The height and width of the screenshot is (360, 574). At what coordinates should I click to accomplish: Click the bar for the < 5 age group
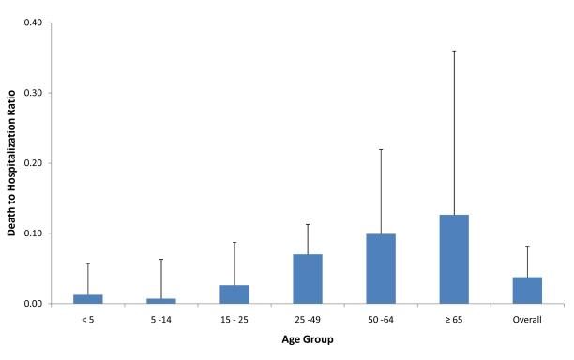pyautogui.click(x=88, y=299)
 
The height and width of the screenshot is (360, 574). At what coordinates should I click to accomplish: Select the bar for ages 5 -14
pyautogui.click(x=161, y=301)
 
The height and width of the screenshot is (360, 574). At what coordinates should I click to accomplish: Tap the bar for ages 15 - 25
pyautogui.click(x=234, y=294)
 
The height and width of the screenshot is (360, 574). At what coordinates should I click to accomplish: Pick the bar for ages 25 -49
pyautogui.click(x=308, y=278)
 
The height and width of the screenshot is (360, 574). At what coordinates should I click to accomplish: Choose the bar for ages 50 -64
pyautogui.click(x=381, y=268)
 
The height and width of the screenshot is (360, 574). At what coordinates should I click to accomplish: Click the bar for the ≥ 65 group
pyautogui.click(x=454, y=259)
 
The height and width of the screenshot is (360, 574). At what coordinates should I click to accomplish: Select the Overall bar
pyautogui.click(x=527, y=290)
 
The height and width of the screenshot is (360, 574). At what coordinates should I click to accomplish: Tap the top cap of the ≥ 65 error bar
pyautogui.click(x=454, y=51)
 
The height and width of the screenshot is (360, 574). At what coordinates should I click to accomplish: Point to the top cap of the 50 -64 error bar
pyautogui.click(x=381, y=149)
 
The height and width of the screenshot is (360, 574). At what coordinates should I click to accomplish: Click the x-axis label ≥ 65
pyautogui.click(x=454, y=319)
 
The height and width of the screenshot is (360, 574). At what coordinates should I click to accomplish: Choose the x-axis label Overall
pyautogui.click(x=527, y=319)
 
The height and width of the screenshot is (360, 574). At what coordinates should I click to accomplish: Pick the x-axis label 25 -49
pyautogui.click(x=308, y=319)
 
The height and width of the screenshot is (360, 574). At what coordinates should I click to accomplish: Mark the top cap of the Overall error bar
pyautogui.click(x=527, y=246)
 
